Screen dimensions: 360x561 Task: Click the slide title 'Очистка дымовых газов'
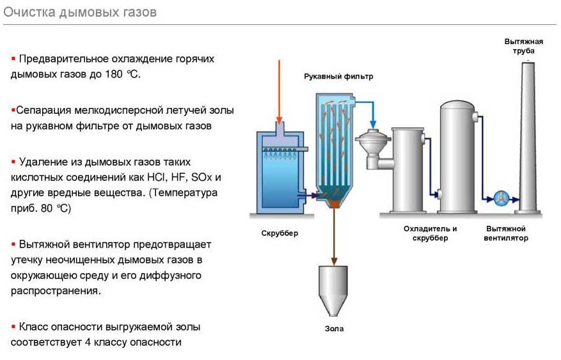80,13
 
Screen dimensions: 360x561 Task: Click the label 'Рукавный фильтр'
338,76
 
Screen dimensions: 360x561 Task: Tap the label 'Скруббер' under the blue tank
280,233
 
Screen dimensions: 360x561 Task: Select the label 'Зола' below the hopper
334,329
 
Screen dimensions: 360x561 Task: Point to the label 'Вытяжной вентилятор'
506,233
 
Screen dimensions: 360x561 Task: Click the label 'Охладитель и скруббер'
430,233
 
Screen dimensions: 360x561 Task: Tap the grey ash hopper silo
334,288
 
